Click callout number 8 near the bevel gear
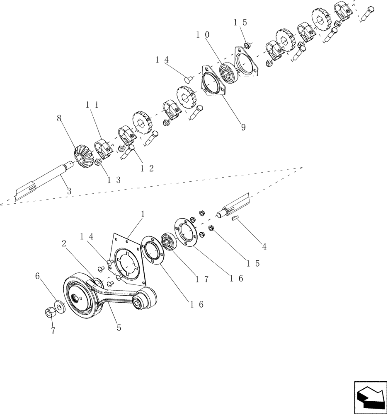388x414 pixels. click(x=59, y=118)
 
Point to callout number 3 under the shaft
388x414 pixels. click(x=69, y=191)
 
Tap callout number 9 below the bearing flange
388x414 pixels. click(x=243, y=128)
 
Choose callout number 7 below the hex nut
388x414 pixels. click(x=53, y=331)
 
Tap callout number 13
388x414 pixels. click(x=114, y=180)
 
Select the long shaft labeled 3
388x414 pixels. click(x=46, y=182)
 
